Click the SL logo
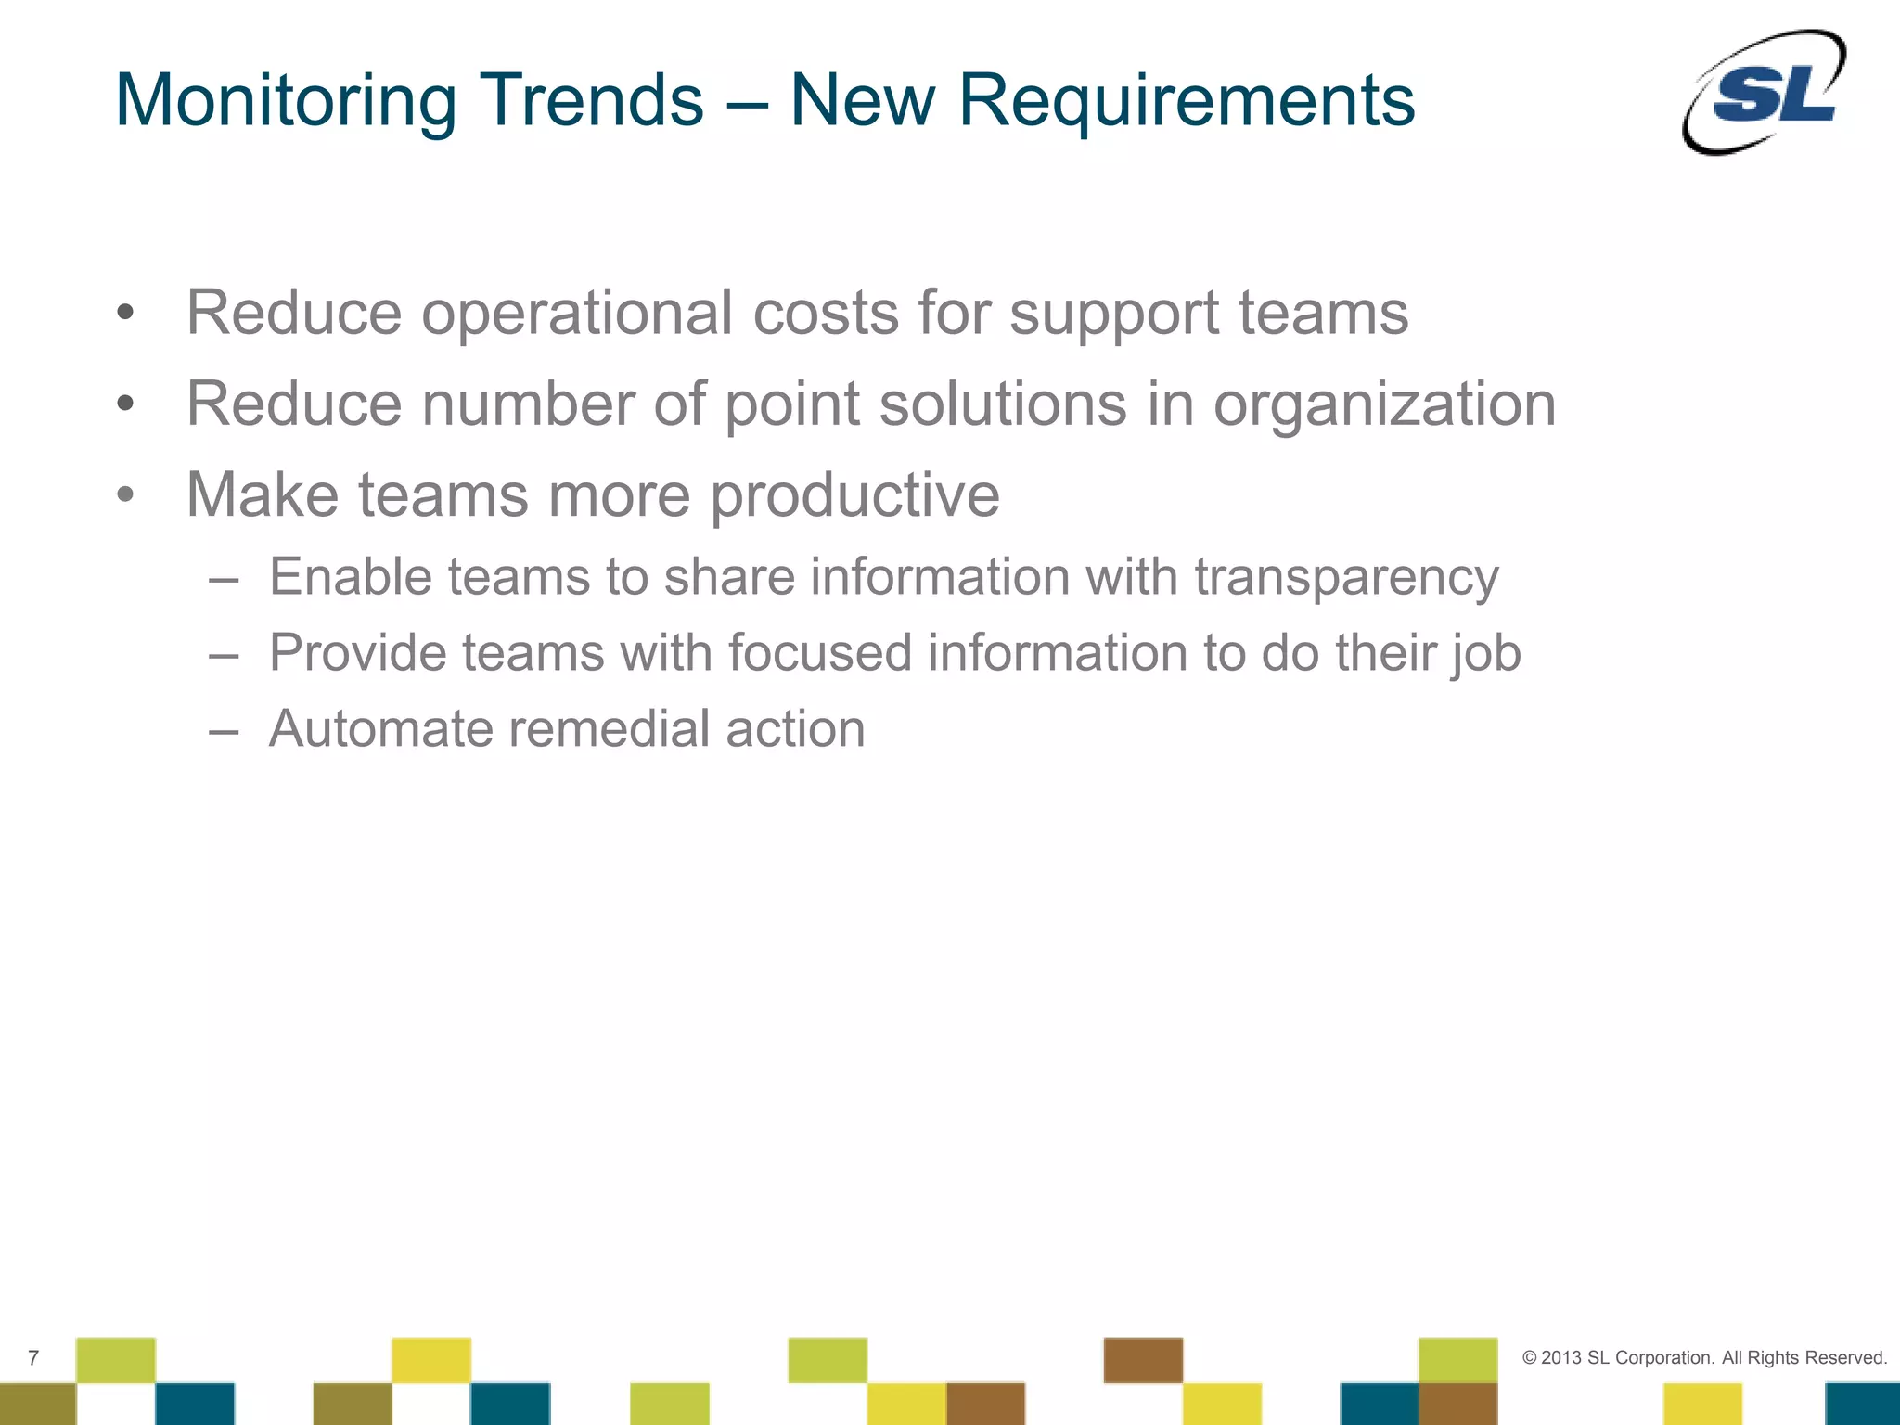1765,92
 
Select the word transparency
1346,578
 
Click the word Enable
351,576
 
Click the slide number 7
33,1358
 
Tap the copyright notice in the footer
1704,1357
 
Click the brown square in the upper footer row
1143,1360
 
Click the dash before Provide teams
224,654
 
